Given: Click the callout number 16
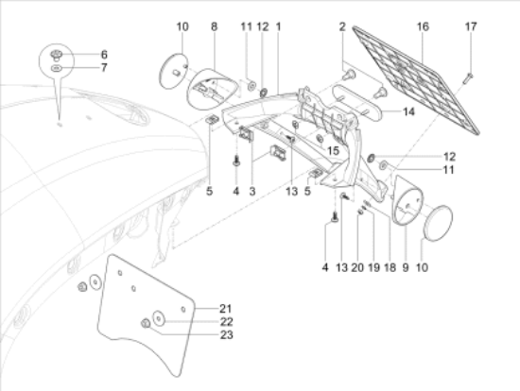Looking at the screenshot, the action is (x=423, y=26).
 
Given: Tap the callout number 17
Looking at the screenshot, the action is (x=471, y=26).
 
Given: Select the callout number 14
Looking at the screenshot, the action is (x=408, y=112).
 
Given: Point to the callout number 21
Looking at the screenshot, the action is (x=226, y=309).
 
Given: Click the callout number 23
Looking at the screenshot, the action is (x=227, y=335).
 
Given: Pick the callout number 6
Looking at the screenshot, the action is (x=104, y=55).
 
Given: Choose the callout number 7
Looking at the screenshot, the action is (x=104, y=68).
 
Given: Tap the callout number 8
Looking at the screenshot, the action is (x=215, y=26).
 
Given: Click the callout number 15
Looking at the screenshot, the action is (x=334, y=151).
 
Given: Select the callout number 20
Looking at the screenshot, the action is (x=357, y=267).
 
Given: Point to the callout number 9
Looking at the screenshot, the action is (x=406, y=267).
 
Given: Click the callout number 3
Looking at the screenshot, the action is (x=252, y=191).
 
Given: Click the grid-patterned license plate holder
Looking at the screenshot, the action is (x=416, y=81).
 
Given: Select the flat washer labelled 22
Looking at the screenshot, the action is (x=159, y=319).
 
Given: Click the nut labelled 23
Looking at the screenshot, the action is (x=146, y=323).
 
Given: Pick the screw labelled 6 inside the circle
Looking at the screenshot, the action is (x=57, y=56).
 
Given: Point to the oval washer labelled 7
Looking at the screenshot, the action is (x=57, y=68).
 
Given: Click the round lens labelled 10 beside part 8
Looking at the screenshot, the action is (x=173, y=71).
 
